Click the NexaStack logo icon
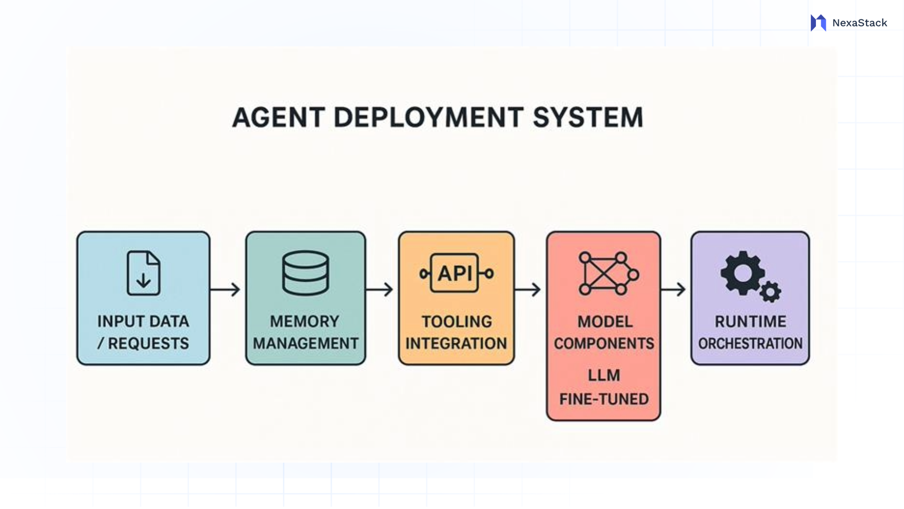pyautogui.click(x=818, y=23)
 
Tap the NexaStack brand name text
pyautogui.click(x=859, y=23)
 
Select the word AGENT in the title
pyautogui.click(x=279, y=117)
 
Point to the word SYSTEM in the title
pyautogui.click(x=588, y=117)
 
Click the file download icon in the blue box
pyautogui.click(x=144, y=273)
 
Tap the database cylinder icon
pyautogui.click(x=306, y=273)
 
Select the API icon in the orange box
pyautogui.click(x=456, y=273)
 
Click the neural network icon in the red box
pyautogui.click(x=607, y=273)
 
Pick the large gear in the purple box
pyautogui.click(x=742, y=273)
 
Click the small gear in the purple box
pyautogui.click(x=770, y=292)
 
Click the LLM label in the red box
pyautogui.click(x=604, y=376)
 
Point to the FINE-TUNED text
pyautogui.click(x=604, y=399)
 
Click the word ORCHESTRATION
pyautogui.click(x=750, y=344)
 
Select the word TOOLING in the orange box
pyautogui.click(x=456, y=321)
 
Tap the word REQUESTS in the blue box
pyautogui.click(x=148, y=344)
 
